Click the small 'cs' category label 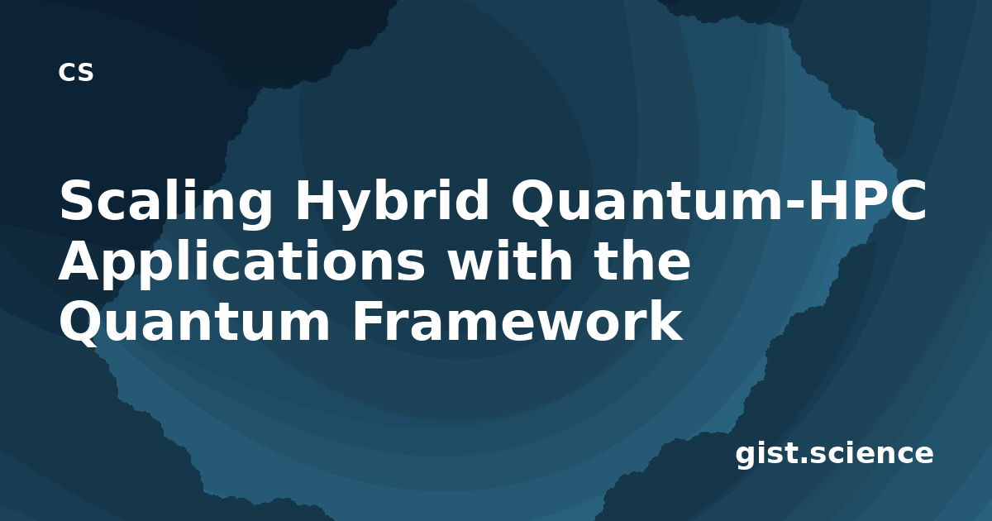pyautogui.click(x=76, y=72)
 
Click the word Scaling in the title pyautogui.click(x=166, y=203)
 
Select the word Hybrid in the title pyautogui.click(x=392, y=203)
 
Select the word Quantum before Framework pyautogui.click(x=195, y=322)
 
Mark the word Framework pyautogui.click(x=517, y=319)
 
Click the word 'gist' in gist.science pyautogui.click(x=766, y=454)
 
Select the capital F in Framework pyautogui.click(x=369, y=320)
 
